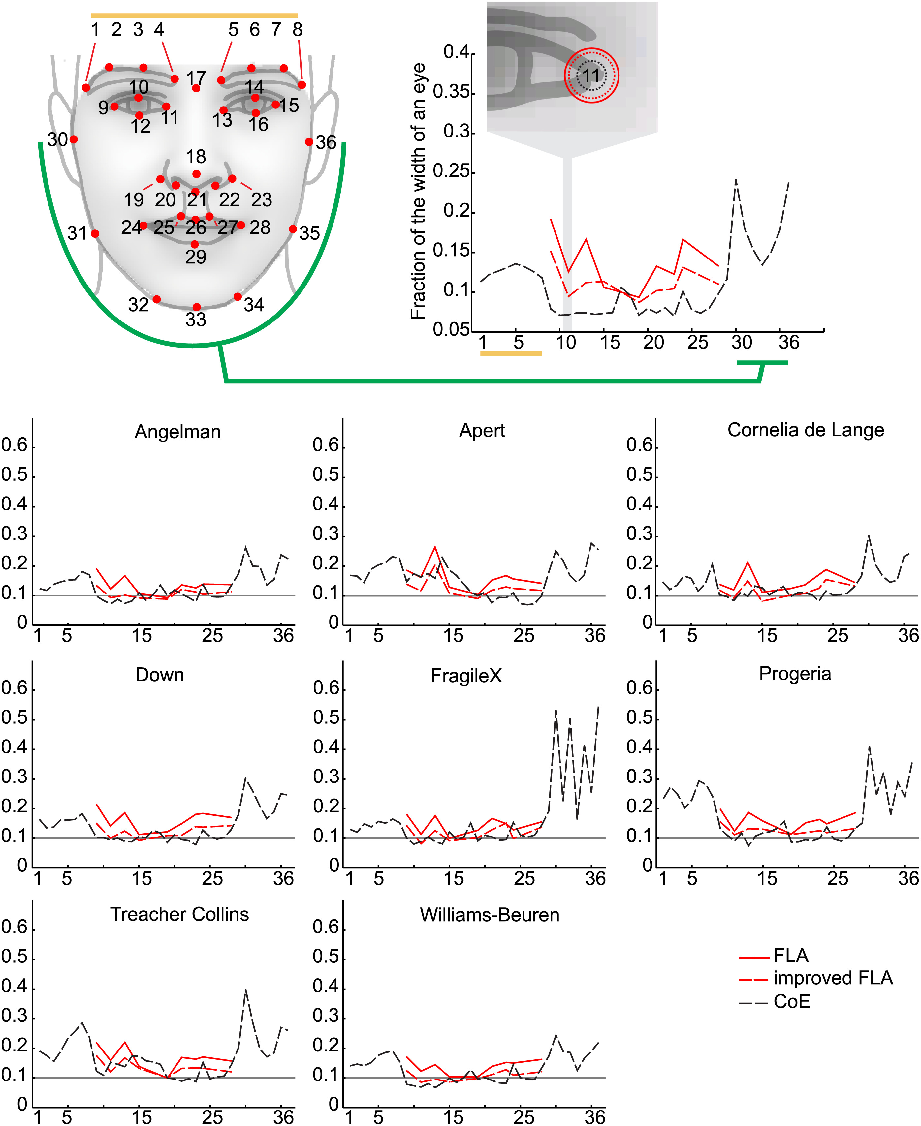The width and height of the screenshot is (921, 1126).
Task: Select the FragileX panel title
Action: pyautogui.click(x=466, y=676)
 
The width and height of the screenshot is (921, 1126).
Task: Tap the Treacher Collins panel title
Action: pyautogui.click(x=179, y=914)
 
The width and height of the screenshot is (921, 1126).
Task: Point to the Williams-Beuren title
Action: pyautogui.click(x=489, y=915)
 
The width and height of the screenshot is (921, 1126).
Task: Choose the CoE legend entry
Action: pyautogui.click(x=792, y=1001)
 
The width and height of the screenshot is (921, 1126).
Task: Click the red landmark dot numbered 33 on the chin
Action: pyautogui.click(x=196, y=307)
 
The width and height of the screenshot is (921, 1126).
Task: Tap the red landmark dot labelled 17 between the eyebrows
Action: pyautogui.click(x=196, y=88)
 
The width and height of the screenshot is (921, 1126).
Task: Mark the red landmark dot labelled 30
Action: pyautogui.click(x=74, y=139)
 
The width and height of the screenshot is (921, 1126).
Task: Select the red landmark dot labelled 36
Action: pyautogui.click(x=309, y=141)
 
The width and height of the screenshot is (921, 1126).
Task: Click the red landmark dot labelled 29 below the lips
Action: pyautogui.click(x=195, y=244)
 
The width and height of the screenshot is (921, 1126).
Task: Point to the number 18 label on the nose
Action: pyautogui.click(x=196, y=157)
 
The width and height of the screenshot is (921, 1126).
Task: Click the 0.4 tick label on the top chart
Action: pyautogui.click(x=456, y=52)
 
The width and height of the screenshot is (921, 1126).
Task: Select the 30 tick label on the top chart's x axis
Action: pyautogui.click(x=741, y=343)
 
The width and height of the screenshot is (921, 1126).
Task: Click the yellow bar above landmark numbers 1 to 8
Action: pyautogui.click(x=194, y=16)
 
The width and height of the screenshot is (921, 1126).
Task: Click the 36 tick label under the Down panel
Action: pyautogui.click(x=283, y=879)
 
